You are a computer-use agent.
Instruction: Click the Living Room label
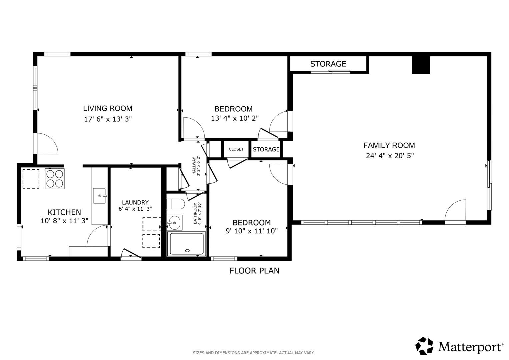point(107,108)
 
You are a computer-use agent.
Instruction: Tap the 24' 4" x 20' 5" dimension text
point(390,156)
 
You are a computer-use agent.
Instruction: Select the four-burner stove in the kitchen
point(55,179)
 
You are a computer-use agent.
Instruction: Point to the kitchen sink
point(100,196)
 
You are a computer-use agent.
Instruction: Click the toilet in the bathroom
point(176,204)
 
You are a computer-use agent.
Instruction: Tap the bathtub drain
point(187,250)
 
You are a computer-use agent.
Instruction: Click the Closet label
point(236,149)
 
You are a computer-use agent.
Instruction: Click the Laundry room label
point(135,202)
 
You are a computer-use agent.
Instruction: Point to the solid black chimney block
point(421,65)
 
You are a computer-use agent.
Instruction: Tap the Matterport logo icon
point(424,346)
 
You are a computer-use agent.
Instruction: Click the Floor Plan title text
point(255,271)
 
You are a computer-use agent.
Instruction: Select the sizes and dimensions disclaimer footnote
point(254,353)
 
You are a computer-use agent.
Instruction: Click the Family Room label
point(389,145)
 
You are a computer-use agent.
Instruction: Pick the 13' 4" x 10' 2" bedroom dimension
point(235,118)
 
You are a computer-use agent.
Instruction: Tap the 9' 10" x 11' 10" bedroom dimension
point(252,231)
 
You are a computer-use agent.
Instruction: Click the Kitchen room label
point(64,212)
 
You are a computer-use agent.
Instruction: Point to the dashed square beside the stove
point(31,179)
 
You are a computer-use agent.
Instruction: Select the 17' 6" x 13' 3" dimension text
point(108,119)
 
